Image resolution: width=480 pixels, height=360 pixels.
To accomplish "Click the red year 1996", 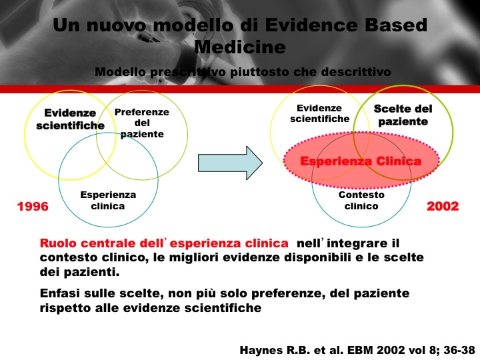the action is coord(33,206).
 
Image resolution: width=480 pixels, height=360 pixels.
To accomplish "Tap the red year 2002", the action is coord(443,206).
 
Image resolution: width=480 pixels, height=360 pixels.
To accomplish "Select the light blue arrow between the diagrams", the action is coord(230,163).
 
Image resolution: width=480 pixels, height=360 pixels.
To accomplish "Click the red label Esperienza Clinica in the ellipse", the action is coord(361,161).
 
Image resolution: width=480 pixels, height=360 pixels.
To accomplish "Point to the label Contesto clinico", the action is coord(361,201).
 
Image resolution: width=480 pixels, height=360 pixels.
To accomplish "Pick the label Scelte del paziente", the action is coord(403,115).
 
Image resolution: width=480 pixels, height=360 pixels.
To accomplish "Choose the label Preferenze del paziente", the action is coord(142,123).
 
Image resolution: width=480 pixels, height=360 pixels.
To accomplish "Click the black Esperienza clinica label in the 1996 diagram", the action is coord(108,201).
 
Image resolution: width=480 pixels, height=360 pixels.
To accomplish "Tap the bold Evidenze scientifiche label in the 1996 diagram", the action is coord(70,119).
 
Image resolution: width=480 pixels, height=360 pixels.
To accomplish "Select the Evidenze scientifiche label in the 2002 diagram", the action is coord(319,113).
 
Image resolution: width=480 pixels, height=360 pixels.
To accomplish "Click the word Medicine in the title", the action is coord(240,47).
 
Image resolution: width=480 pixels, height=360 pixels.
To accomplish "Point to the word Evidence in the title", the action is coord(311,25).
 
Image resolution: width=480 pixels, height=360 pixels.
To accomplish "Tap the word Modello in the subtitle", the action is coord(120,72).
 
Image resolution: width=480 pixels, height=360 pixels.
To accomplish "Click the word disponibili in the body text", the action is coord(317,257).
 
